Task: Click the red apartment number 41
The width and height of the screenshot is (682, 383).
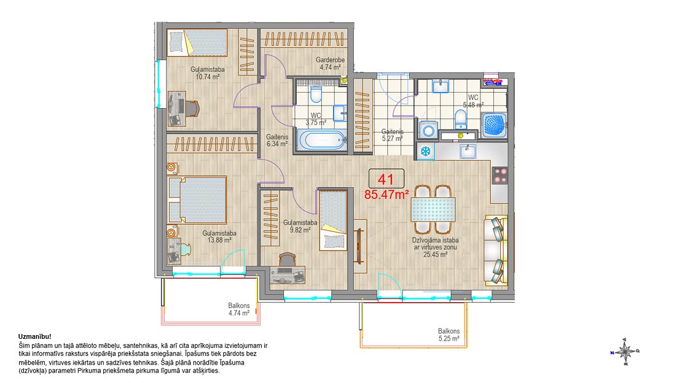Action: (386, 179)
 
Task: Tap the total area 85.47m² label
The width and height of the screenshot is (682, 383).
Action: (386, 195)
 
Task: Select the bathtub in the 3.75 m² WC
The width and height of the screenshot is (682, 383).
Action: (323, 140)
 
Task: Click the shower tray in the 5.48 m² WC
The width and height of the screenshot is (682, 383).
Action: (495, 125)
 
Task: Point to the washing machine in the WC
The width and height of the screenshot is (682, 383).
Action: (429, 130)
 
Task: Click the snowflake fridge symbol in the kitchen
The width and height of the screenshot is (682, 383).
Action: (425, 151)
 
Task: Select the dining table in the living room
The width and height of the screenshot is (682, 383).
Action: (433, 209)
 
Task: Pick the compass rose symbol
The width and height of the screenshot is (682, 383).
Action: (625, 351)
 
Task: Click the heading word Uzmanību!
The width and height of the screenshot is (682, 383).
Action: (35, 336)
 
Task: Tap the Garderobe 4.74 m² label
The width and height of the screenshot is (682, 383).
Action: (330, 63)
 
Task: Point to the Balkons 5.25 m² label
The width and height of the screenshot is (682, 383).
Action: (449, 335)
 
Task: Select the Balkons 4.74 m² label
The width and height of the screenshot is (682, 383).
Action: (239, 309)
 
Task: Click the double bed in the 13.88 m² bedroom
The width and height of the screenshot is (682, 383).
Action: (197, 199)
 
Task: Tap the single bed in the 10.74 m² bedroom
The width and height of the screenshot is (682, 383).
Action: (197, 42)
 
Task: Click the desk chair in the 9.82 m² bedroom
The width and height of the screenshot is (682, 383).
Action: (287, 260)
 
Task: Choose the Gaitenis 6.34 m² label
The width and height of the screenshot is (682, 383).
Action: (277, 140)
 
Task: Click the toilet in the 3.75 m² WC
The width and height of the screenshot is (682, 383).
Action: (316, 93)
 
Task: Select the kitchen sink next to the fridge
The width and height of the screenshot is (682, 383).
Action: (468, 151)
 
